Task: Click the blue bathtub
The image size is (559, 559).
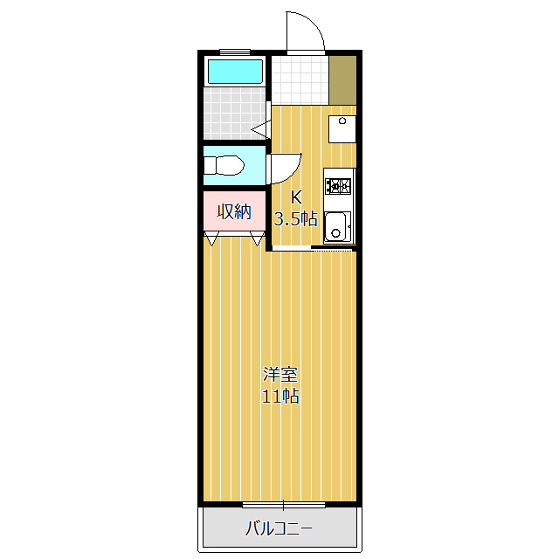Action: pos(234,71)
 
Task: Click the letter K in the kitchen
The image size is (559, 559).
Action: pos(296,197)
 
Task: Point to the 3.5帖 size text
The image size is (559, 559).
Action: pos(296,218)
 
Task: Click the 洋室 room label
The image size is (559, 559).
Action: pos(281,376)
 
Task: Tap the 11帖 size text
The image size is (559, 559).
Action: pos(281,397)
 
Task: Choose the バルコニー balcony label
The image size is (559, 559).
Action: pos(279,528)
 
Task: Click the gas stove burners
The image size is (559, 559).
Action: pos(338,185)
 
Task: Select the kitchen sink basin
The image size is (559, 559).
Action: pos(337,227)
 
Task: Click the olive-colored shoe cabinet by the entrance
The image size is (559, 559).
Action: pos(342,79)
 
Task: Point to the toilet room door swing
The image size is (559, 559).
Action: pos(285,166)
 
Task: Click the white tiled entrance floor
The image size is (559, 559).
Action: pos(300,79)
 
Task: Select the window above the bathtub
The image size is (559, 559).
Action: pos(234,52)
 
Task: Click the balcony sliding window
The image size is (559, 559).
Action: pos(283,505)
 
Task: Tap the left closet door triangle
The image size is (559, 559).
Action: pos(212,238)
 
